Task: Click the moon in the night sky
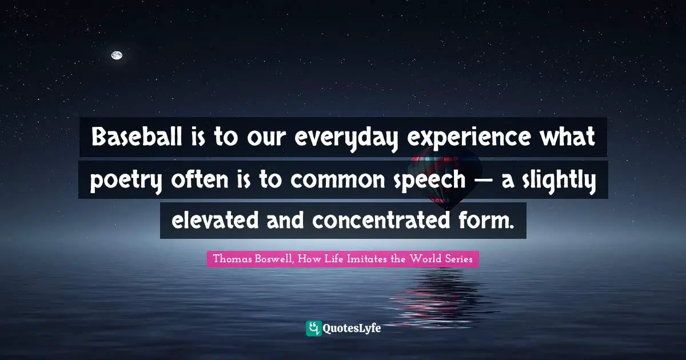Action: click(117, 55)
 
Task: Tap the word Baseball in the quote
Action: click(137, 137)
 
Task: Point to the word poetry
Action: click(126, 181)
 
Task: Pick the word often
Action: click(200, 179)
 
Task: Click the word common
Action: click(337, 181)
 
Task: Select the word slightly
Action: click(560, 181)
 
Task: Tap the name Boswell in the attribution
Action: click(274, 259)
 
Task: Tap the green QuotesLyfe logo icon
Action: click(314, 329)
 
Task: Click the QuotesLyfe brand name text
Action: click(352, 329)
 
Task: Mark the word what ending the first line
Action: click(567, 137)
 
